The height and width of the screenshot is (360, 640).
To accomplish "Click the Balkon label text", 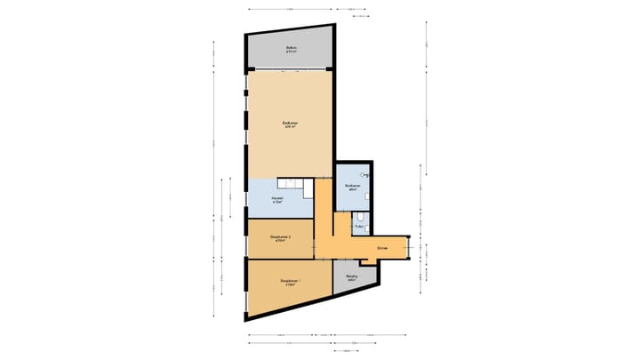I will click(291, 50).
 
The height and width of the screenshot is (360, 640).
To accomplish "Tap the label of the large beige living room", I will click(289, 125).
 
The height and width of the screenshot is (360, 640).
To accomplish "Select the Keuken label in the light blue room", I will click(277, 199).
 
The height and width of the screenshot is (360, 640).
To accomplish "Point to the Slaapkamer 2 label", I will click(280, 238).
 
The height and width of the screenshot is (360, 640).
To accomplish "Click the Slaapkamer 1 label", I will click(290, 283).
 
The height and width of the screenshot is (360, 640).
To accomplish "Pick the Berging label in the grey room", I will click(352, 277).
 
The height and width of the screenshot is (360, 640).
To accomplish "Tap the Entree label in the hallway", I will click(382, 246).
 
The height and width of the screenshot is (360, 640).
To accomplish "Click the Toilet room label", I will click(358, 228).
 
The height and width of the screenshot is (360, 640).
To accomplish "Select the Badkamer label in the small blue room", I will click(352, 188).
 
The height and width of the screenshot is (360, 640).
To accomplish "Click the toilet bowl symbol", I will click(361, 216).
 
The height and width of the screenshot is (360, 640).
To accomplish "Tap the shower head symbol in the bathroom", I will click(365, 176).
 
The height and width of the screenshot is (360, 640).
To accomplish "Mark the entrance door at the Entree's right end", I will click(409, 247).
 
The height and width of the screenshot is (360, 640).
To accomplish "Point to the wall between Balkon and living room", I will click(290, 68).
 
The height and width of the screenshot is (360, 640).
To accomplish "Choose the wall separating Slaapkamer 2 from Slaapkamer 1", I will click(280, 258).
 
